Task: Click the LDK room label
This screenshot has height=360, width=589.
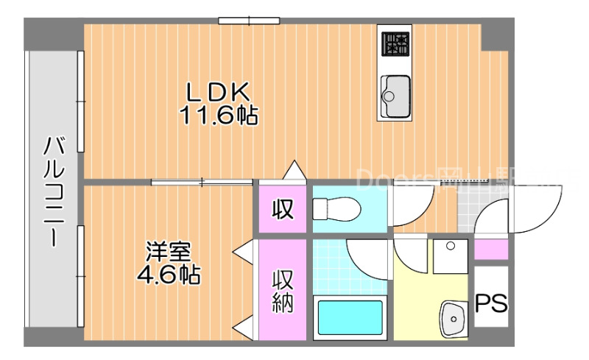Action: tap(219, 91)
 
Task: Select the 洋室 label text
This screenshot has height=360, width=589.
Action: tap(169, 251)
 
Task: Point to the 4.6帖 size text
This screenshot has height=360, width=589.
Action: tap(169, 275)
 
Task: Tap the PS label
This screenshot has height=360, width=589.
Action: tap(491, 303)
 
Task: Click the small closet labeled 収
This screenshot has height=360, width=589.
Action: tap(283, 209)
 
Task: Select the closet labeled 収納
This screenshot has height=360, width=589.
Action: tap(283, 291)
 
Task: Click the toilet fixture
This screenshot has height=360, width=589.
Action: tap(335, 209)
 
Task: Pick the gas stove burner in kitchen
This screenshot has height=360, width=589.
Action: tap(395, 44)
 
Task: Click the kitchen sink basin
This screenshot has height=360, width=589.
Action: tap(395, 93)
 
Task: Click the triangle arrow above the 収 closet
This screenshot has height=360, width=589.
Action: tap(294, 170)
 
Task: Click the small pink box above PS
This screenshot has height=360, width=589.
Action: tap(490, 250)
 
